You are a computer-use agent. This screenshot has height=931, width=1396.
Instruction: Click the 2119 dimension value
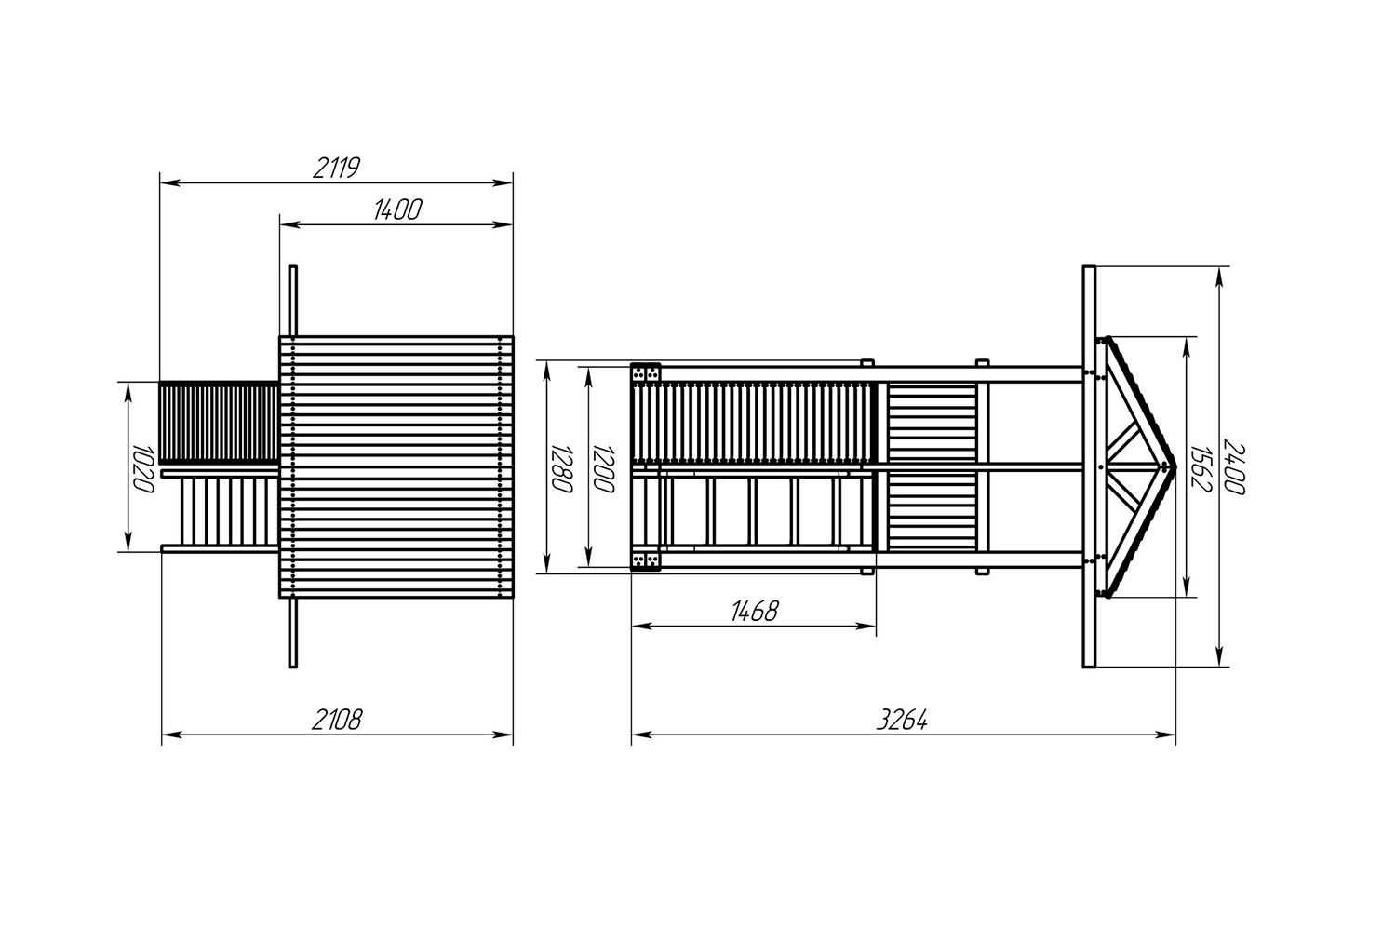coord(337,169)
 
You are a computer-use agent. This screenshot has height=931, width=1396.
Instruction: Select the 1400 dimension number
coord(397,210)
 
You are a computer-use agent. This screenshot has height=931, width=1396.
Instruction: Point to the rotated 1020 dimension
coord(144,468)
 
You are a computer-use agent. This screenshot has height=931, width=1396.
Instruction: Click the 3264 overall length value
coord(902,721)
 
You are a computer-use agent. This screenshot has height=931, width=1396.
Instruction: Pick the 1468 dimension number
coord(755,611)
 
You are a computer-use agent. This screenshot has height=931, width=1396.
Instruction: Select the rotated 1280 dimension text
coord(562,468)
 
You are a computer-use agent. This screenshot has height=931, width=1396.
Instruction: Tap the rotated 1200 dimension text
coord(604,468)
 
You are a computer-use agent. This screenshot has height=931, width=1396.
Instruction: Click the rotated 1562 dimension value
coord(1201,468)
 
